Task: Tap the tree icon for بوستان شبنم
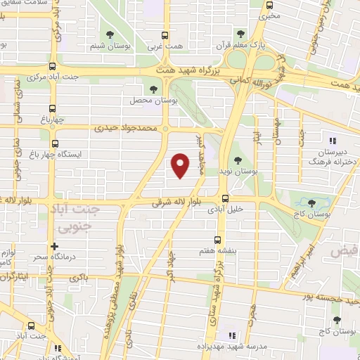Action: click(108, 34)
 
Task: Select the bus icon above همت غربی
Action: click(165, 34)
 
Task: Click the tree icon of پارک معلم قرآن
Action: click(240, 34)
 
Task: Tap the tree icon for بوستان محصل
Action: click(154, 88)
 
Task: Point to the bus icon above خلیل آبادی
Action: click(225, 198)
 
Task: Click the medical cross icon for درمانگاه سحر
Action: click(53, 246)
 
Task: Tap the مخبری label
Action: click(269, 15)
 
